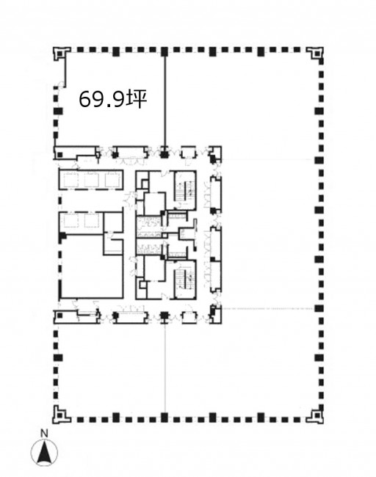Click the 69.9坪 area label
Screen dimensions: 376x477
click(113, 99)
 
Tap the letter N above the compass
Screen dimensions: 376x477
click(45, 433)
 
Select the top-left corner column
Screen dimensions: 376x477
click(59, 54)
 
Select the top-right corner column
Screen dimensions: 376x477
click(315, 54)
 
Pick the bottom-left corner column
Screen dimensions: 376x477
click(59, 415)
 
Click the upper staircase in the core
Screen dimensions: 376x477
click(185, 190)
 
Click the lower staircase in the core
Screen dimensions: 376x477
click(185, 279)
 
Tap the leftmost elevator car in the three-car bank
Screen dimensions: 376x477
click(70, 180)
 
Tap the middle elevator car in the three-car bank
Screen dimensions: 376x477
click(91, 180)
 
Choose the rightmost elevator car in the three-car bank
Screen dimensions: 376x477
click(112, 180)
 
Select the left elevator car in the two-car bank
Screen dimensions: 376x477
click(70, 221)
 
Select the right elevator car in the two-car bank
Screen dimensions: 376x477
click(91, 221)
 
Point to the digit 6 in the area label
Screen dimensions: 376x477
click(84, 99)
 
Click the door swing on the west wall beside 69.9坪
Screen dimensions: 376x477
click(61, 84)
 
